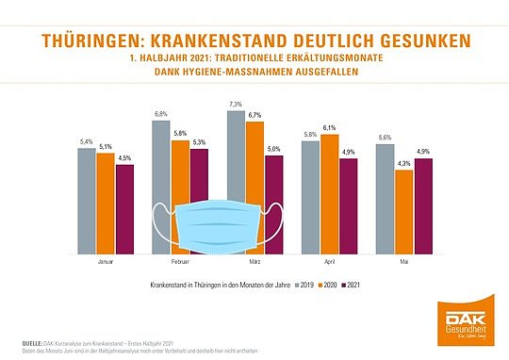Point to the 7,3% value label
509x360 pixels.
tap(236, 104)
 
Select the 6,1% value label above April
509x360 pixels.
tap(329, 127)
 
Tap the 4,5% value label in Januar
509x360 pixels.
tap(124, 158)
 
